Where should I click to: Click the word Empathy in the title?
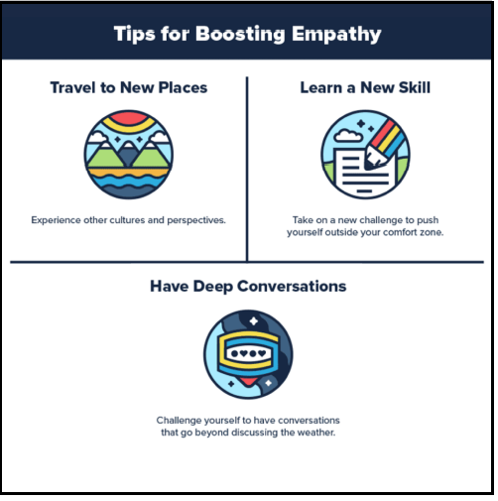tap(336, 35)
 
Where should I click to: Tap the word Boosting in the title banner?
tap(240, 35)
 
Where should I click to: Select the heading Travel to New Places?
tap(129, 87)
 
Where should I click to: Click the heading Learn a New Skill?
tap(365, 87)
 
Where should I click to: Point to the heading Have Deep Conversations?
tap(248, 287)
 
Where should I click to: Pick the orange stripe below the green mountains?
tap(129, 172)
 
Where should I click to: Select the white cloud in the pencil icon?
tap(348, 136)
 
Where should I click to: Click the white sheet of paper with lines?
tap(364, 173)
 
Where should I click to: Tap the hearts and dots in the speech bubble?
tap(248, 353)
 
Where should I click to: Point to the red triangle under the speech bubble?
tap(248, 381)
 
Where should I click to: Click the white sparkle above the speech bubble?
tap(254, 320)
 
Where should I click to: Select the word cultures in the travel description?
tap(127, 220)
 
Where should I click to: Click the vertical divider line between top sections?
tap(247, 170)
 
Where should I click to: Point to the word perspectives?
tap(196, 221)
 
